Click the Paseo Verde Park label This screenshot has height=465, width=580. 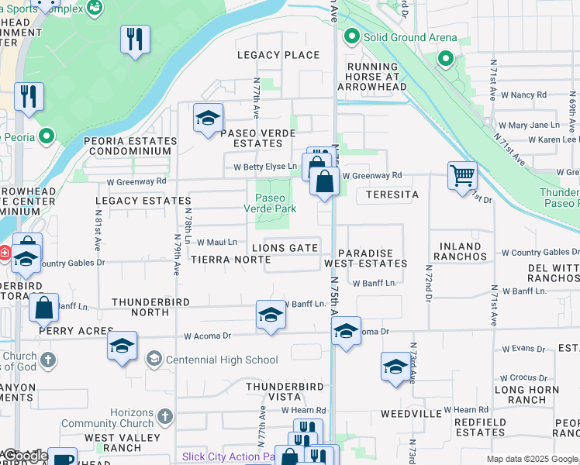click(x=270, y=203)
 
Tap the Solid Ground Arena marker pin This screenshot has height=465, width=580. click(x=351, y=36)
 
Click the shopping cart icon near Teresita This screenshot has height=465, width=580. click(x=461, y=175)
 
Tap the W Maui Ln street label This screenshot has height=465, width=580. click(x=216, y=243)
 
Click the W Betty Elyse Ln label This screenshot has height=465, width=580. click(x=265, y=167)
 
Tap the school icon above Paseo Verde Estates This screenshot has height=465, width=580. click(x=208, y=118)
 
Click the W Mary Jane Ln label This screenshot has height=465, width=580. click(x=529, y=125)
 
